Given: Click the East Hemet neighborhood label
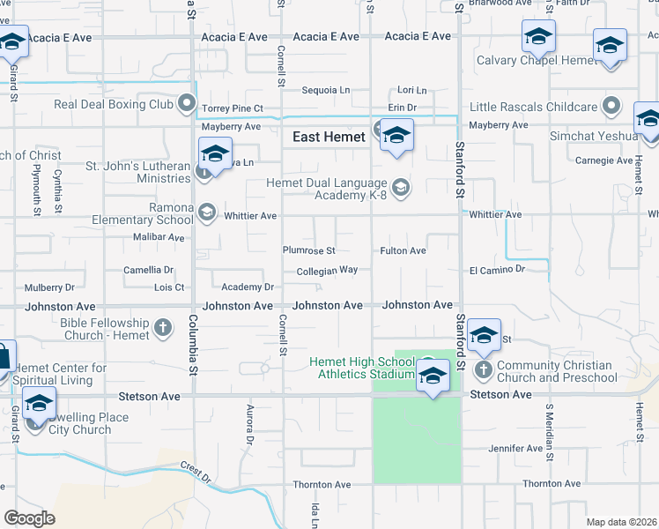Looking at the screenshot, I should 329,137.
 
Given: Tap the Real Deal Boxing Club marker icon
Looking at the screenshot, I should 186,105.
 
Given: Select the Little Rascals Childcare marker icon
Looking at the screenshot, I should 611,107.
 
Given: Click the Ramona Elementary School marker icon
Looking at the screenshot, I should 206,212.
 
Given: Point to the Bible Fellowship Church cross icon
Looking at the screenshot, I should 162,329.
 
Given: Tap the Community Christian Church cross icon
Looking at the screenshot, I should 483,370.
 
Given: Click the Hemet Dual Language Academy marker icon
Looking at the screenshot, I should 401,187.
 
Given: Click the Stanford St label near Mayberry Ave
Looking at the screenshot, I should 459,163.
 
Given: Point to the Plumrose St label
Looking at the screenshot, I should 308,250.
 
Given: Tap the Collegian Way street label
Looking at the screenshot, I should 327,271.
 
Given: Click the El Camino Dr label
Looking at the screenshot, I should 497,269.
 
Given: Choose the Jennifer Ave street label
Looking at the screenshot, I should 516,449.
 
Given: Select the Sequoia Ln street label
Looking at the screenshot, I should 326,90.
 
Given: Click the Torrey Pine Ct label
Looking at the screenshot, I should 233,108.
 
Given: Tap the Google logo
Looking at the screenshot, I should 30,518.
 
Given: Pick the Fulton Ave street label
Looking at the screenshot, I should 403,250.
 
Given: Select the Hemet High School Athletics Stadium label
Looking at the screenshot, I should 362,368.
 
